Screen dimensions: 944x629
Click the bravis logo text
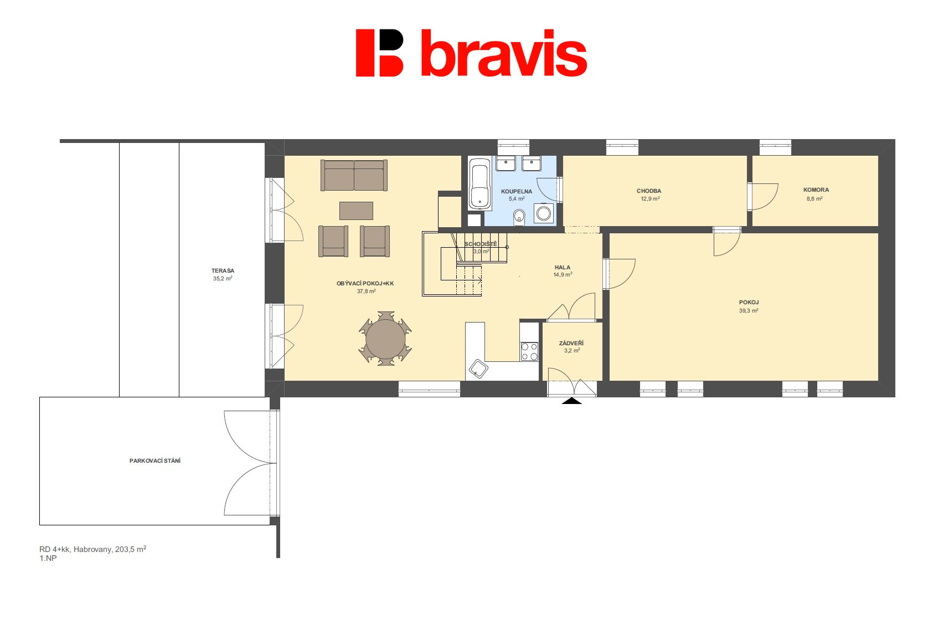coord(504,53)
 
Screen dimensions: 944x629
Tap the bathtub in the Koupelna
coord(479,183)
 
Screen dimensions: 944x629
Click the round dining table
coord(385,339)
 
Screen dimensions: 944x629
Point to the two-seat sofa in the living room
coord(354,175)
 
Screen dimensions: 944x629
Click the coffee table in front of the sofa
coord(356,211)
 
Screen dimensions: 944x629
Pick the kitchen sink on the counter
coord(478,369)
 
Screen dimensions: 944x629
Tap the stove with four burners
coord(530,352)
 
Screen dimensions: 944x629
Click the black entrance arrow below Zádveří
coord(571,401)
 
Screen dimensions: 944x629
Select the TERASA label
coord(223,271)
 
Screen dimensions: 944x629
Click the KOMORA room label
coord(816,190)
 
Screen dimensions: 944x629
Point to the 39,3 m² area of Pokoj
coord(749,311)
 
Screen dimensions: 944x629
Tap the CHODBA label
coord(649,191)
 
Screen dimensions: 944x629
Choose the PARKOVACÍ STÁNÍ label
coord(154,461)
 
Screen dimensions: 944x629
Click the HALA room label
coord(562,268)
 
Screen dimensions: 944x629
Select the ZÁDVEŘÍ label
coord(571,344)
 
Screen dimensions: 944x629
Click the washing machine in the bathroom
coord(544,213)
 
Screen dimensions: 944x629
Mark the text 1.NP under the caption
coord(48,559)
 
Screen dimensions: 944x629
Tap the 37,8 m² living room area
coord(366,292)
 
